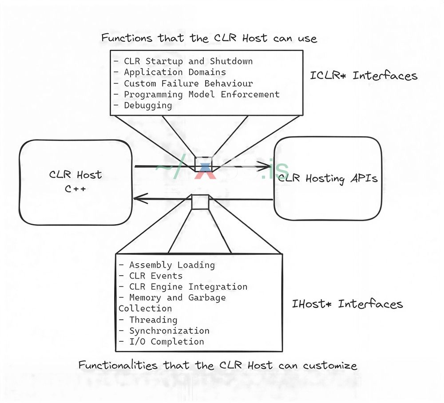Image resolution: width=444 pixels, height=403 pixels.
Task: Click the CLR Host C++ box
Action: [75, 182]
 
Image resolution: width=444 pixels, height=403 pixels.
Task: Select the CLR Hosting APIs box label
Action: [328, 178]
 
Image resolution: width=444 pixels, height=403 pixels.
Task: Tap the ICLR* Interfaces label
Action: [364, 75]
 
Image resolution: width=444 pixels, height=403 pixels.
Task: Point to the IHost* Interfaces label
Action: [347, 304]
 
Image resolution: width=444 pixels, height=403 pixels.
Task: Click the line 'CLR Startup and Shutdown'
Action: [188, 61]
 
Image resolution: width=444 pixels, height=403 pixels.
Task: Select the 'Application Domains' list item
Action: [174, 72]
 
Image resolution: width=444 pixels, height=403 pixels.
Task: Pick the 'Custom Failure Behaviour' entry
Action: [188, 83]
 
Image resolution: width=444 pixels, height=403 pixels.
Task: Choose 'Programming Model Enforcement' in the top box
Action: [202, 94]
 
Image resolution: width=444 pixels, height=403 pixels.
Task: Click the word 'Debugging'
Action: [148, 105]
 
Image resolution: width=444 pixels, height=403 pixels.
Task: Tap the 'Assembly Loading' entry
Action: [172, 265]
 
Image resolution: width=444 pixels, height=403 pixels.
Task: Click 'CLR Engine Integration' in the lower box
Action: [188, 287]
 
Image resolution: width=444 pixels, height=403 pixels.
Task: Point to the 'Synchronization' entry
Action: [169, 331]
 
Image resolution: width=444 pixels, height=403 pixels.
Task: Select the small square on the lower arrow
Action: [200, 201]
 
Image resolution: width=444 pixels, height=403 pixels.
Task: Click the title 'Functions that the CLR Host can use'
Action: [209, 38]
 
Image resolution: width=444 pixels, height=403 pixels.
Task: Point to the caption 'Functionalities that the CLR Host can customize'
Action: [218, 366]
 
